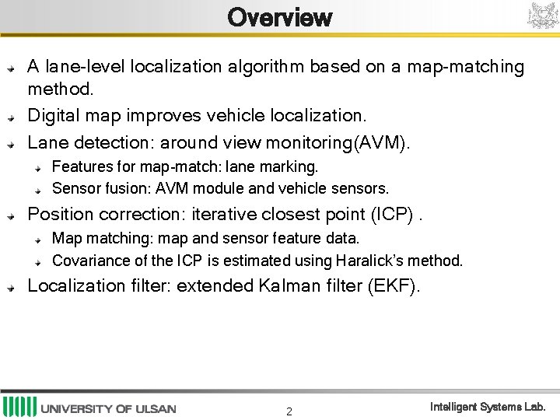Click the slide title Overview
click(x=280, y=17)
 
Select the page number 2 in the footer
click(x=289, y=411)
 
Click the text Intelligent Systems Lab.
click(x=488, y=407)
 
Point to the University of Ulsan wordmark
click(x=108, y=408)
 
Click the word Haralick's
click(x=371, y=261)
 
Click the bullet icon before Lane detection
click(x=11, y=144)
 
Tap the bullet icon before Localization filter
click(x=11, y=287)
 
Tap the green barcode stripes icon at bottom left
click(x=19, y=407)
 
